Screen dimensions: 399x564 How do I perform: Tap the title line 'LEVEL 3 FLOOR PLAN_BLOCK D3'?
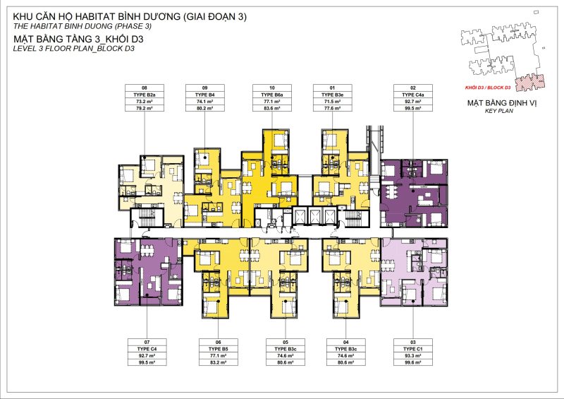point(74,50)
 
